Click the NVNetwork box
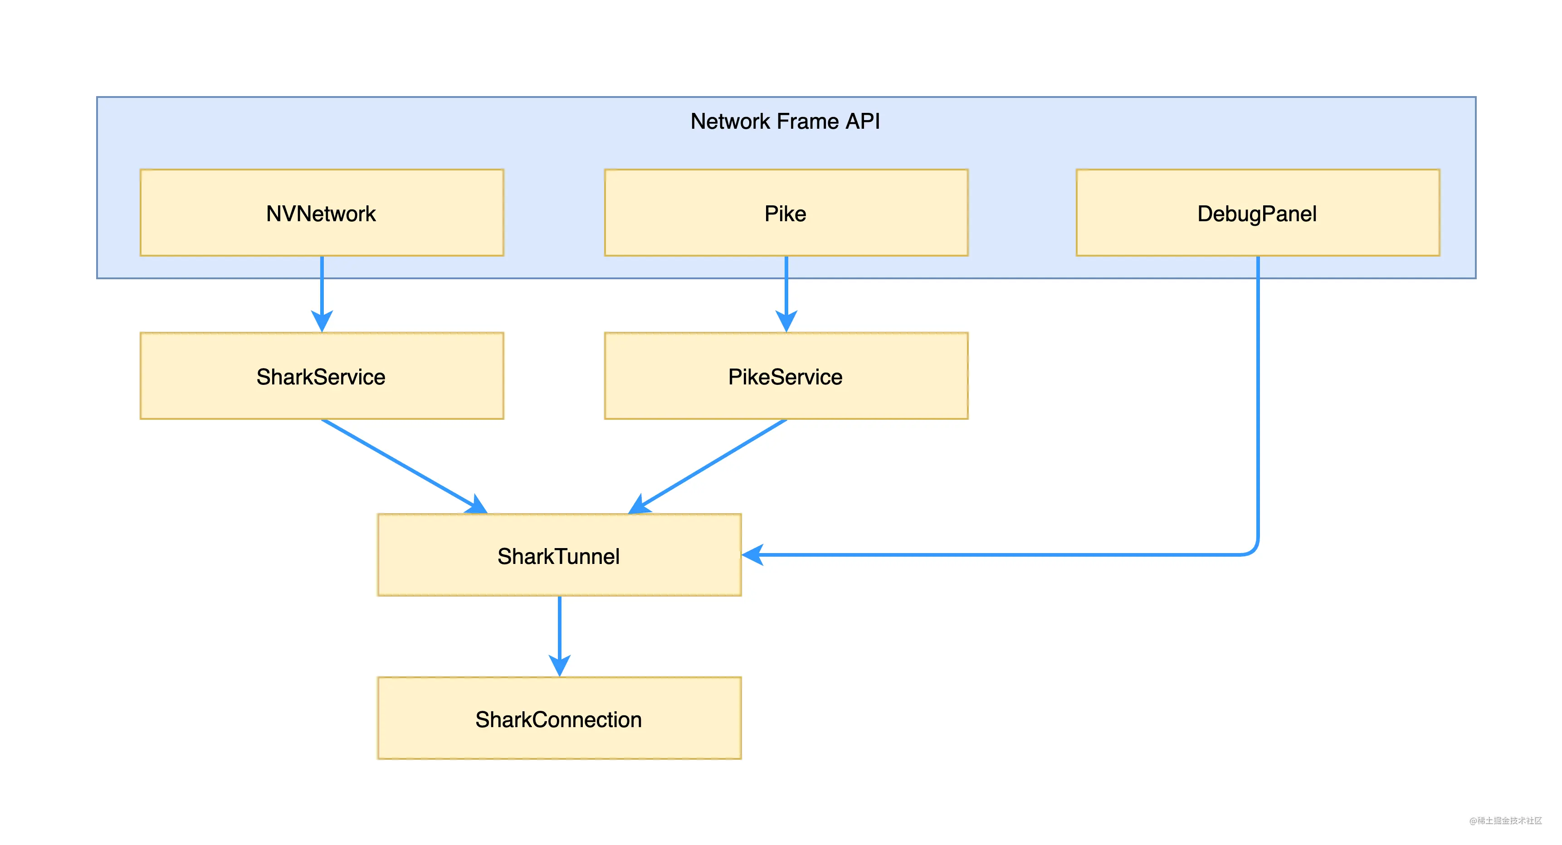pos(322,213)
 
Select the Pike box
pos(786,213)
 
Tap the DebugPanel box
pos(1258,213)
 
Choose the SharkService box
pos(322,376)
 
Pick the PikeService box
pos(786,376)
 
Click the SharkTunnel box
pos(559,555)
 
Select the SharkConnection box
pos(559,719)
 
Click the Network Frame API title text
pos(785,121)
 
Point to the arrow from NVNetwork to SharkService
pos(322,294)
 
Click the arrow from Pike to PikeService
pos(786,294)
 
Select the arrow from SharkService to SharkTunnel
pos(405,466)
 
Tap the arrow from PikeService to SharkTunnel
pos(708,466)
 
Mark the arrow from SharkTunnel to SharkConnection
pos(560,636)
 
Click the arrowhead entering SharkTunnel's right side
pos(752,555)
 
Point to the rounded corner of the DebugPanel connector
pos(1253,549)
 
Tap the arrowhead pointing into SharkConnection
pos(560,665)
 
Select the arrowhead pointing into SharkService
pos(322,321)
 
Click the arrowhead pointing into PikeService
pos(786,321)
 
